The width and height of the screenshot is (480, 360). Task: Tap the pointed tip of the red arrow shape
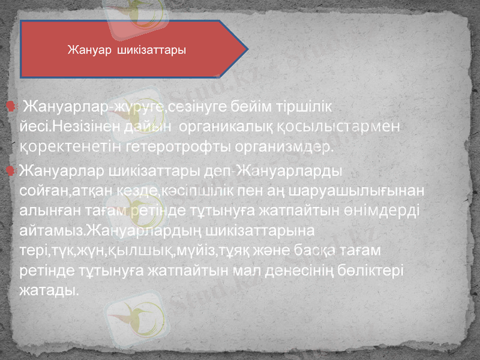click(248, 49)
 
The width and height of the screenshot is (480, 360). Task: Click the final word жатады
click(48, 289)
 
